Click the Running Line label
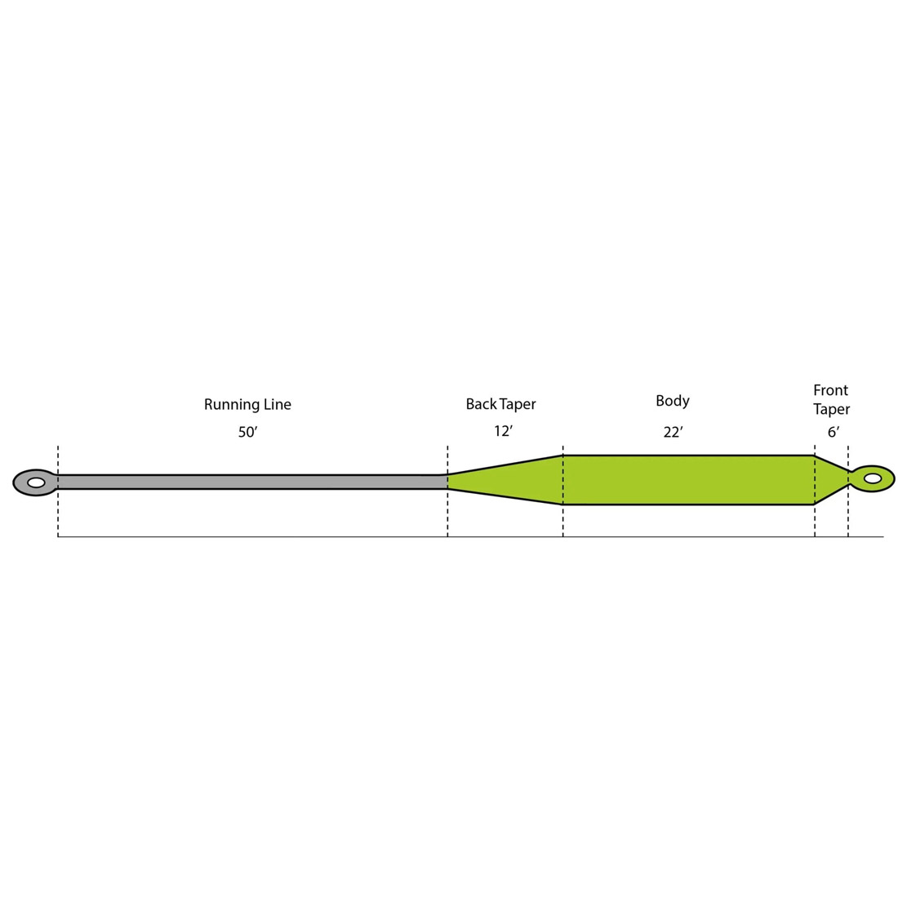[x=247, y=404]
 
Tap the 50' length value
[x=247, y=433]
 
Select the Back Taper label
[x=500, y=404]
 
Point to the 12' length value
[x=503, y=431]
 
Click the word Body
[x=673, y=401]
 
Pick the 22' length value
[x=673, y=433]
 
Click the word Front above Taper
[x=830, y=390]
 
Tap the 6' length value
[x=833, y=433]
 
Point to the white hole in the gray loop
[x=36, y=482]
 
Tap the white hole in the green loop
[x=873, y=478]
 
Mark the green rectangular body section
[x=688, y=480]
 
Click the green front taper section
[x=829, y=479]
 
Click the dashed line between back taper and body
[x=562, y=522]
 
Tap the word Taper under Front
[x=831, y=410]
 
